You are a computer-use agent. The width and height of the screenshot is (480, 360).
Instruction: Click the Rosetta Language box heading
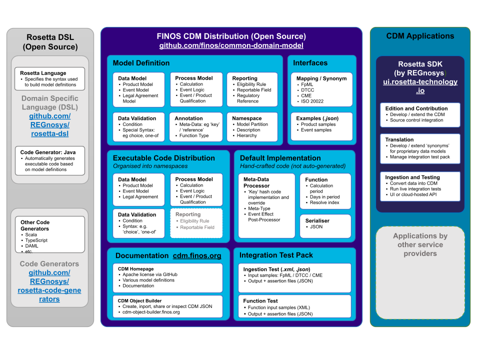pos(43,73)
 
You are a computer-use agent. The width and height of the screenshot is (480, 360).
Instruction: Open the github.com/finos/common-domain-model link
pos(231,45)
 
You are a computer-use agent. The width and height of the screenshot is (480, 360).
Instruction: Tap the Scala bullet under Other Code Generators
pos(31,234)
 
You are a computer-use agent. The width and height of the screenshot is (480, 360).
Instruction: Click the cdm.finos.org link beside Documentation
pos(197,255)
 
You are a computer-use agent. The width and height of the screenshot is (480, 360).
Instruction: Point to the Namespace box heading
pos(246,118)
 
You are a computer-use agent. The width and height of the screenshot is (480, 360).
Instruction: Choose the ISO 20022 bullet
pos(312,101)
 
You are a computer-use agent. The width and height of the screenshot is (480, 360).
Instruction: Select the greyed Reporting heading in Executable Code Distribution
pos(187,214)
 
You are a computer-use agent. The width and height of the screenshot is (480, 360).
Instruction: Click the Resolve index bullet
pos(324,202)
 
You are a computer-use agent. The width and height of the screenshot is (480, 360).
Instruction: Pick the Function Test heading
pos(260,301)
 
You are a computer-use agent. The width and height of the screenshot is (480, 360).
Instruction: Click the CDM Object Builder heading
pos(139,300)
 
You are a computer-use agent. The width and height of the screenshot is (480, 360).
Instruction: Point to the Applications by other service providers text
pos(420,244)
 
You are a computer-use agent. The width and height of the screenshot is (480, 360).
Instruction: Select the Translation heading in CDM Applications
pos(399,139)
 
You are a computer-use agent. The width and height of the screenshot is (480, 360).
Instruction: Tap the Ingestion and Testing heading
pos(412,177)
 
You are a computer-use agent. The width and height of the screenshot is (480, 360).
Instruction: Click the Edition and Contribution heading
pos(416,108)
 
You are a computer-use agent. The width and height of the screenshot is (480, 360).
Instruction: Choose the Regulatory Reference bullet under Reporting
pos(248,98)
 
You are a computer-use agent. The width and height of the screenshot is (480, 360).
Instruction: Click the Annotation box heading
pos(189,118)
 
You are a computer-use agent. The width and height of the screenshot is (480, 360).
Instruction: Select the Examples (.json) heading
pos(317,118)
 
